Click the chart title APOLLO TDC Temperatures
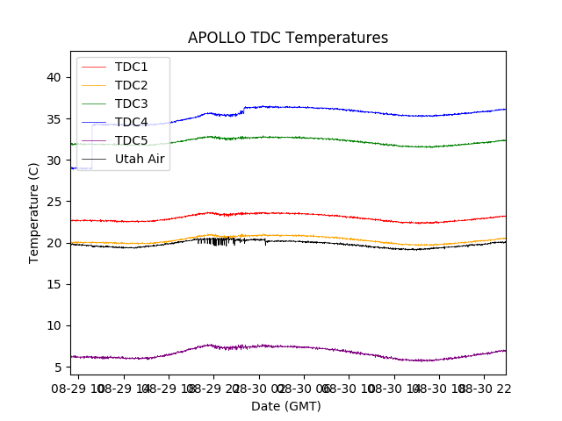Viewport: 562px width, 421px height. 288,38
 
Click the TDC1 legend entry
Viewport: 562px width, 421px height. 131,67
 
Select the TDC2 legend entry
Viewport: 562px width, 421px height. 131,85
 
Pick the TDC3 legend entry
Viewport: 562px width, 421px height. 131,103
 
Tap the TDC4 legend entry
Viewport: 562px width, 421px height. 131,122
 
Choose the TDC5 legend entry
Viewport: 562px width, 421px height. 131,140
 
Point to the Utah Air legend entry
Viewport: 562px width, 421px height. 139,159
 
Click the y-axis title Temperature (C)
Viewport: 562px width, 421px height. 34,212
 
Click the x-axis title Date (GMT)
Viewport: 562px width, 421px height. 286,406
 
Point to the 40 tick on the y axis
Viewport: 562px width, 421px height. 54,77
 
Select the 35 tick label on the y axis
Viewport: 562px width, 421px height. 54,118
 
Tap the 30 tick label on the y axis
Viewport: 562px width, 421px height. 54,161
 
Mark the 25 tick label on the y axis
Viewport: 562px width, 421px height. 54,202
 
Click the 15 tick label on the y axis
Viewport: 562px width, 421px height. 54,284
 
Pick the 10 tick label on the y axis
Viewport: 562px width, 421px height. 54,325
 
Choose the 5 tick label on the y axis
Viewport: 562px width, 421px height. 57,367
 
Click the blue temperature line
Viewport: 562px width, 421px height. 351,110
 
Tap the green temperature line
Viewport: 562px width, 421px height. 351,140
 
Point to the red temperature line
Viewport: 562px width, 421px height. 351,217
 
